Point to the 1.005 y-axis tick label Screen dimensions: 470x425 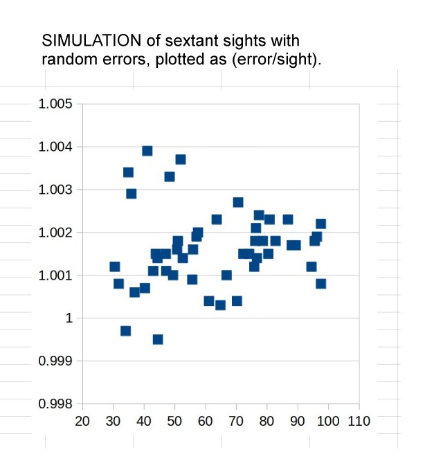57,104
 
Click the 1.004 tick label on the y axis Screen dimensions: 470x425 57,147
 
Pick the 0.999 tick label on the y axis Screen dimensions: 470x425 57,361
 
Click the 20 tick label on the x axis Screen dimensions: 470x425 82,421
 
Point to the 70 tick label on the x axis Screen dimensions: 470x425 236,421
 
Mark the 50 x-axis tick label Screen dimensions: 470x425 174,421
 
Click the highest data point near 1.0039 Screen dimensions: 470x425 147,151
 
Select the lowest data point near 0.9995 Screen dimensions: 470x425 158,339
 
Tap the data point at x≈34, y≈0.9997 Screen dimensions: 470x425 125,331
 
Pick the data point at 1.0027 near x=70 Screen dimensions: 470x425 237,202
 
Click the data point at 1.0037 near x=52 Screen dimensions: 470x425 180,159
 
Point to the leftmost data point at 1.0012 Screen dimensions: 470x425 115,266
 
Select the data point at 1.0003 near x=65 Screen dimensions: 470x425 220,305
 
